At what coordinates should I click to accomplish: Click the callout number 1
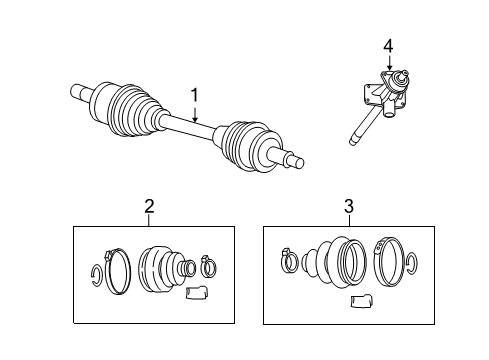tap(196, 96)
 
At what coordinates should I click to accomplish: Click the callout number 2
tap(149, 207)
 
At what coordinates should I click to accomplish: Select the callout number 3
tap(349, 207)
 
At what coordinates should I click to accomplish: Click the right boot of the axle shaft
tap(244, 141)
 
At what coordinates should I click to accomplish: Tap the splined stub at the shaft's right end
tap(295, 160)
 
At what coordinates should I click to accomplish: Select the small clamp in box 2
tap(209, 265)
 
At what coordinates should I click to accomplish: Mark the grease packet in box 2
tap(197, 294)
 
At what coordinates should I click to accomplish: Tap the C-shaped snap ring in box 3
tap(412, 266)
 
